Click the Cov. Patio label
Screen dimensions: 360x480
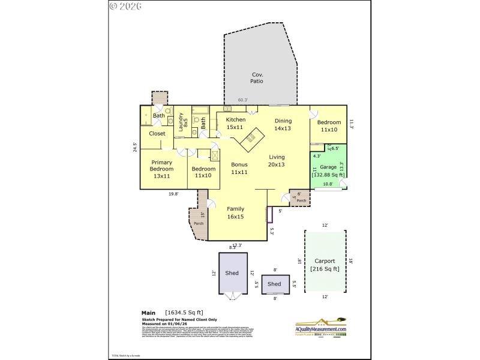tap(257, 77)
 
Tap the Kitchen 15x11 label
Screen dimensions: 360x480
tap(235, 123)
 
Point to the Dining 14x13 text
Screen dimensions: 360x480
tap(283, 124)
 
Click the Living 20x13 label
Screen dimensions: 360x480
tap(277, 161)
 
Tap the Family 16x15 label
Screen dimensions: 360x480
tap(235, 213)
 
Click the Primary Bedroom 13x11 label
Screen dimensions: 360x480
tap(162, 169)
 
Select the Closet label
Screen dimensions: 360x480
tap(157, 133)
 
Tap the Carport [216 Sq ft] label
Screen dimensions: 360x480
tap(325, 265)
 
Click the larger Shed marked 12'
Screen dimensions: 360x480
tap(232, 273)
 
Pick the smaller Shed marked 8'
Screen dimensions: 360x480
tap(274, 284)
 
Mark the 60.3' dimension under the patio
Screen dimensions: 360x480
tap(242, 100)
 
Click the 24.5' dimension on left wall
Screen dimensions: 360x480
tap(136, 147)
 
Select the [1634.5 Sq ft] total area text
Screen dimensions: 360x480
tap(185, 313)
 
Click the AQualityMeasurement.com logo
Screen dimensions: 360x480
tap(320, 329)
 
